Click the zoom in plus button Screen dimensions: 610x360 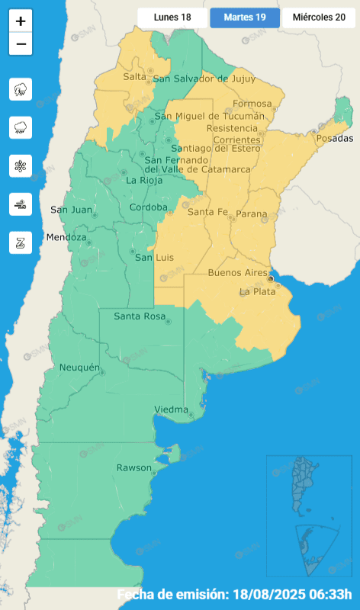pos(21,21)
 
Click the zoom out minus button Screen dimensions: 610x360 pos(21,44)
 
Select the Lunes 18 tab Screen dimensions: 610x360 pos(172,17)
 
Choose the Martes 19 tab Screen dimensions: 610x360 pos(245,17)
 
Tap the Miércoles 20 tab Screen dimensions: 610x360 pos(319,17)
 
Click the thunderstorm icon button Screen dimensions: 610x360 pos(21,89)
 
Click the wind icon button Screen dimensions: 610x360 pos(21,204)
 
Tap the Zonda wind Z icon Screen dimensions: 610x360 pos(21,242)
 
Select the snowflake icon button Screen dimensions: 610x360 pos(21,165)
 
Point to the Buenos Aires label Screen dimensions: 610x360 pos(236,272)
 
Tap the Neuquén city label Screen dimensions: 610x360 pos(80,368)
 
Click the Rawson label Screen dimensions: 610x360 pos(133,467)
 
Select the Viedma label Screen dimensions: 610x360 pos(171,409)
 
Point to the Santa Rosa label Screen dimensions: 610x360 pos(137,316)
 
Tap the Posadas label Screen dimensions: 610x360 pos(335,139)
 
